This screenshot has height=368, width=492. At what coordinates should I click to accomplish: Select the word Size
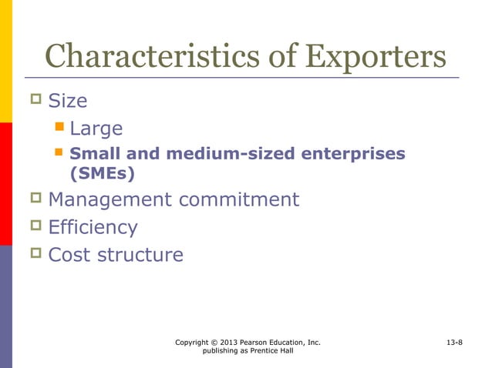point(68,101)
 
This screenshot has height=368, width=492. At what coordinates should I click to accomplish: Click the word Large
point(96,128)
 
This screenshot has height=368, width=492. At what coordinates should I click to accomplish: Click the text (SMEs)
point(102,174)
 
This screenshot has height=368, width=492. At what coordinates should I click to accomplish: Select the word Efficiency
point(93,227)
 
